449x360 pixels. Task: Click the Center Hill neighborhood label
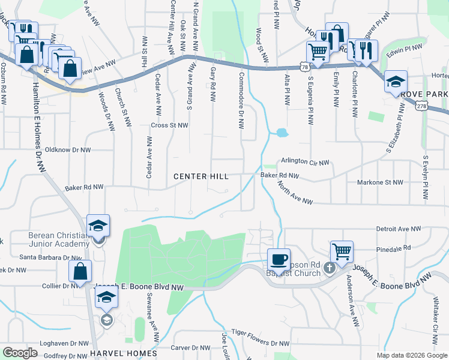pos(201,176)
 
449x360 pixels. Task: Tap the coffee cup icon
pos(279,260)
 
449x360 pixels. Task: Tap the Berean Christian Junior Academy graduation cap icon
pos(98,226)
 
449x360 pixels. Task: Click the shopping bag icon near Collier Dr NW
pos(80,271)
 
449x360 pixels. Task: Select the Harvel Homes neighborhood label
pos(124,353)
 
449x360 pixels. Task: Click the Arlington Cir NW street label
pos(305,163)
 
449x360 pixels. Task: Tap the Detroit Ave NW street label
pos(400,229)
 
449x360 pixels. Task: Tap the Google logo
pos(20,352)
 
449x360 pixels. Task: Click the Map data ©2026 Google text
pos(411,355)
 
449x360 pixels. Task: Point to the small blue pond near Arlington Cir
pos(281,133)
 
